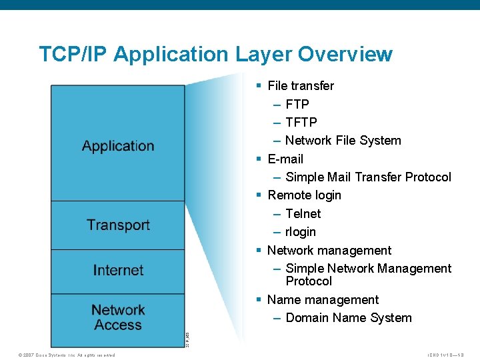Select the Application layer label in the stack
118,146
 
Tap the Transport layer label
118,225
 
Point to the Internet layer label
118,271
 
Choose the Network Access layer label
118,317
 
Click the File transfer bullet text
301,86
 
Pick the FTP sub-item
297,105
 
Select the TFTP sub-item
301,123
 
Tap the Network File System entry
343,141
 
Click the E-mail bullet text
285,159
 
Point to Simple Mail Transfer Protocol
368,177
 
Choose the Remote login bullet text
304,195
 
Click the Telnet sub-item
303,214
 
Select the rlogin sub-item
301,232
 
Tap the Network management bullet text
329,251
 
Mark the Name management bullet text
323,300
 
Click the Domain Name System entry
349,318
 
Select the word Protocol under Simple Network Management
309,281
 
